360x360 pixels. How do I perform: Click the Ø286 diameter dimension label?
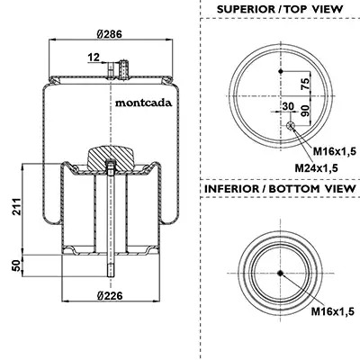pos(110,34)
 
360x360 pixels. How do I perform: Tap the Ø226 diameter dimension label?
pos(110,296)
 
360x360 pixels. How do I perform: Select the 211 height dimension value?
pos(17,206)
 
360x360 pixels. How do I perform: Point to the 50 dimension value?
pos(17,265)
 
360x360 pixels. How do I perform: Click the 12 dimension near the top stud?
pos(94,57)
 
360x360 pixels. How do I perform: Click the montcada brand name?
pos(144,103)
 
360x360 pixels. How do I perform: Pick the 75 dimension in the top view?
pos(305,84)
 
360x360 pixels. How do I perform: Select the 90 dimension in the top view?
pos(305,112)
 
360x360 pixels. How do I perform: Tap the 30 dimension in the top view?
pos(288,106)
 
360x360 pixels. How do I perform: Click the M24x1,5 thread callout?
pos(316,168)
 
